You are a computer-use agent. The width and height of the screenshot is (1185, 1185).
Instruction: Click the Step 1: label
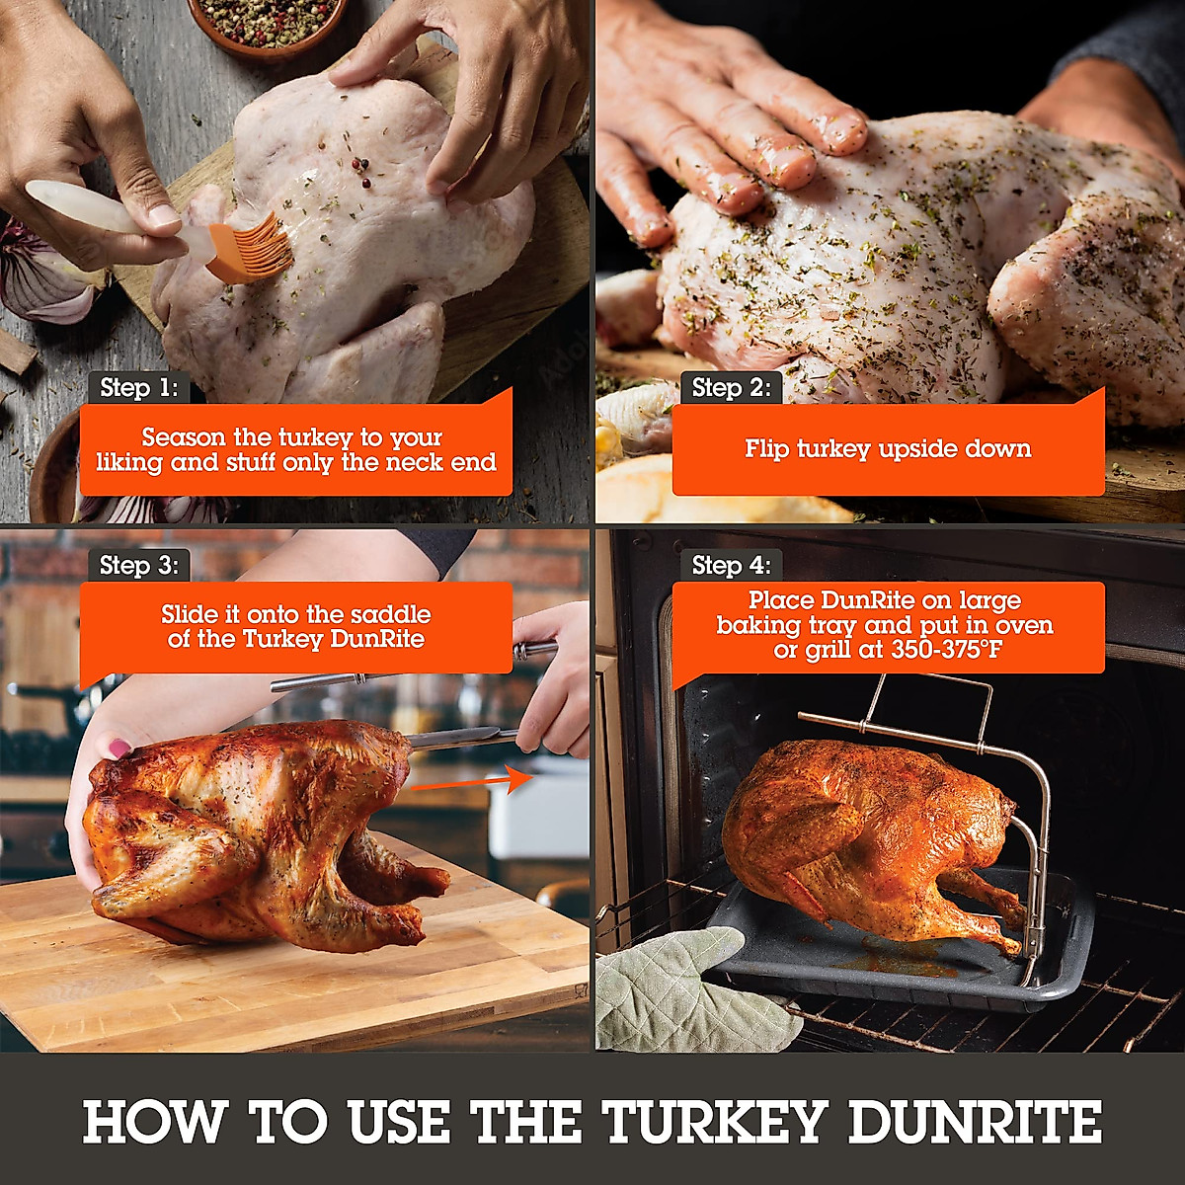tap(138, 388)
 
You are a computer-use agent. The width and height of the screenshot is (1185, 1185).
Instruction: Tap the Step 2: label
tap(731, 388)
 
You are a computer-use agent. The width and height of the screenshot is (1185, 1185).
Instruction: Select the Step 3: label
tap(138, 566)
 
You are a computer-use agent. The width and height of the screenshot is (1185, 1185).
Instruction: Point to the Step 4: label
tap(731, 566)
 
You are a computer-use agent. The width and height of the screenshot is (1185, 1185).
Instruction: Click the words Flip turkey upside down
tap(888, 449)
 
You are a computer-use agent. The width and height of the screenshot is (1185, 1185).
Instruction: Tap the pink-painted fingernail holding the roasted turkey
tap(120, 748)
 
